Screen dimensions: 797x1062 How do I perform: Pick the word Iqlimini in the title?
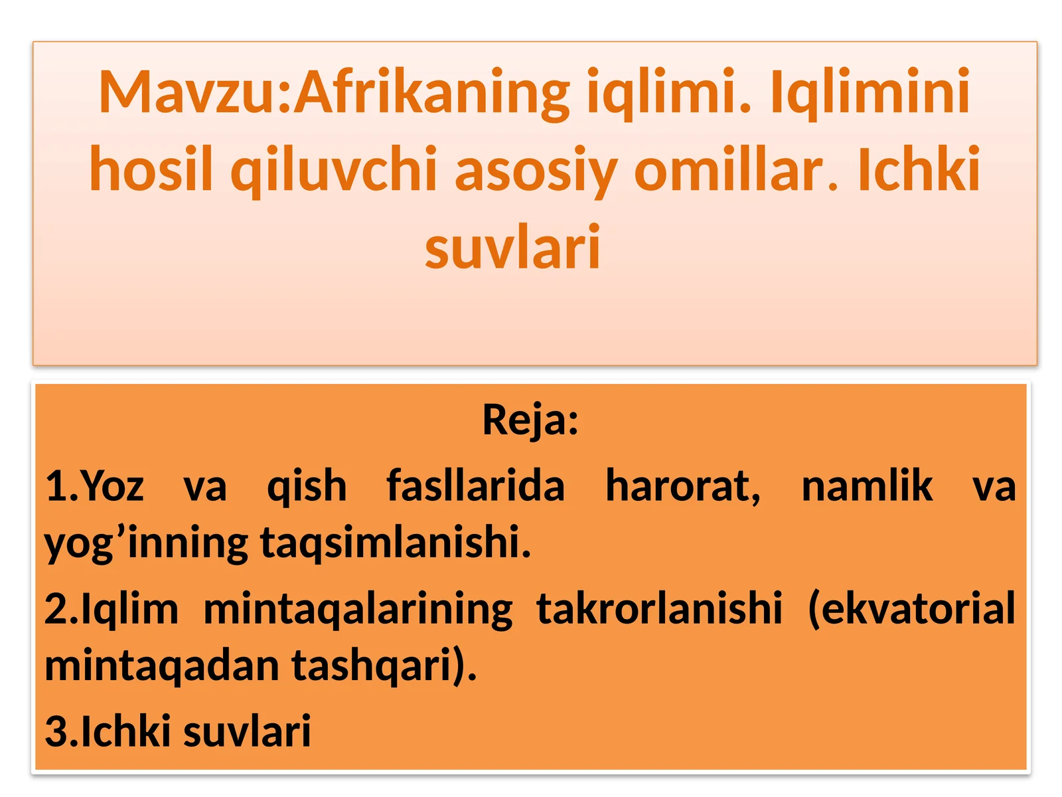click(870, 93)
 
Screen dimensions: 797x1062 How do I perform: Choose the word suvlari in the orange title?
click(512, 247)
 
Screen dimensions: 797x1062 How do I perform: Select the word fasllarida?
click(475, 486)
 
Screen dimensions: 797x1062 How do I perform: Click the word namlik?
click(867, 486)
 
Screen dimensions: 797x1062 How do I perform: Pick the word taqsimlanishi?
click(395, 542)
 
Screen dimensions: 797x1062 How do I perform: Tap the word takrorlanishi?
click(659, 608)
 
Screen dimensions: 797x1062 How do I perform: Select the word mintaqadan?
click(162, 666)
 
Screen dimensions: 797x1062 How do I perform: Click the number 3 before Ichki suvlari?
click(56, 731)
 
